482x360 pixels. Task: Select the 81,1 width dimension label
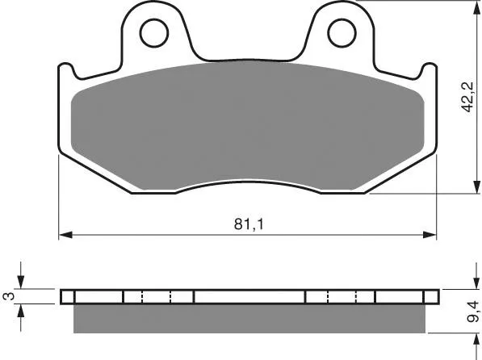249,224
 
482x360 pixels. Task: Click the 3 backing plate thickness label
8,296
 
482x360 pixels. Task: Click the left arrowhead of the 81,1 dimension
65,235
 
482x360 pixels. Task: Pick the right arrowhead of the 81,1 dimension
430,235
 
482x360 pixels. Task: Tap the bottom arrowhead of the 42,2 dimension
476,186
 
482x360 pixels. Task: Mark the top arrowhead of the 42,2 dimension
476,6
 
